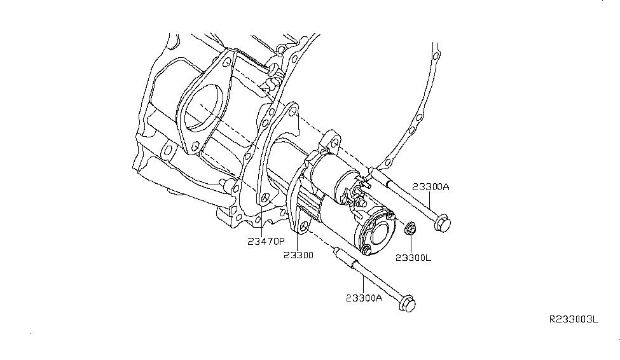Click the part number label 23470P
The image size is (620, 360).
coord(266,242)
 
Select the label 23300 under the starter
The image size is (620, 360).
coord(298,256)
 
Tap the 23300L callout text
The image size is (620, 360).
coord(413,258)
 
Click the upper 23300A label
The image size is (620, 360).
coord(431,186)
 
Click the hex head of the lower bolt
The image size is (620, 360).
coord(407,306)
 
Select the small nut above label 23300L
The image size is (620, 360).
coord(410,227)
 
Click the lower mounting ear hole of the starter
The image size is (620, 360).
coord(303,226)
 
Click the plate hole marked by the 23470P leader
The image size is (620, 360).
coord(265,198)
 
